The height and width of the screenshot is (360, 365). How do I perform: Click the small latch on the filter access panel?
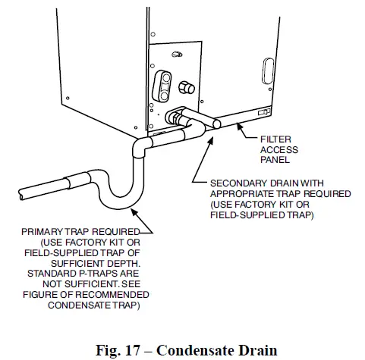(x=264, y=112)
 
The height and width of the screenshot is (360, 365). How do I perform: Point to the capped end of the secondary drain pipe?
(x=214, y=121)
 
